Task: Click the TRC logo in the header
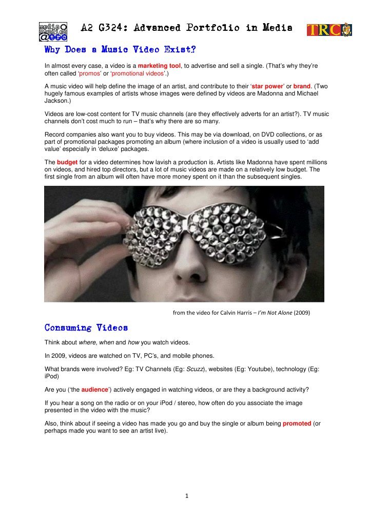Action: pyautogui.click(x=328, y=29)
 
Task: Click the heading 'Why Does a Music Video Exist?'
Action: pyautogui.click(x=120, y=50)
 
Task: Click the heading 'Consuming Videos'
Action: pyautogui.click(x=86, y=327)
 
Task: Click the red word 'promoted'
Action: pyautogui.click(x=297, y=423)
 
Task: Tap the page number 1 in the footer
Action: pyautogui.click(x=187, y=496)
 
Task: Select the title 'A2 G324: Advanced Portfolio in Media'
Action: pyautogui.click(x=186, y=28)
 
